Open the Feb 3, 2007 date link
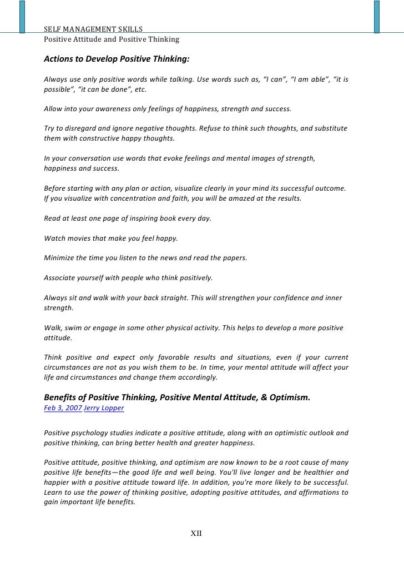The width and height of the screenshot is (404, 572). [x=62, y=407]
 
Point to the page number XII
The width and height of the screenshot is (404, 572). [x=196, y=533]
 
